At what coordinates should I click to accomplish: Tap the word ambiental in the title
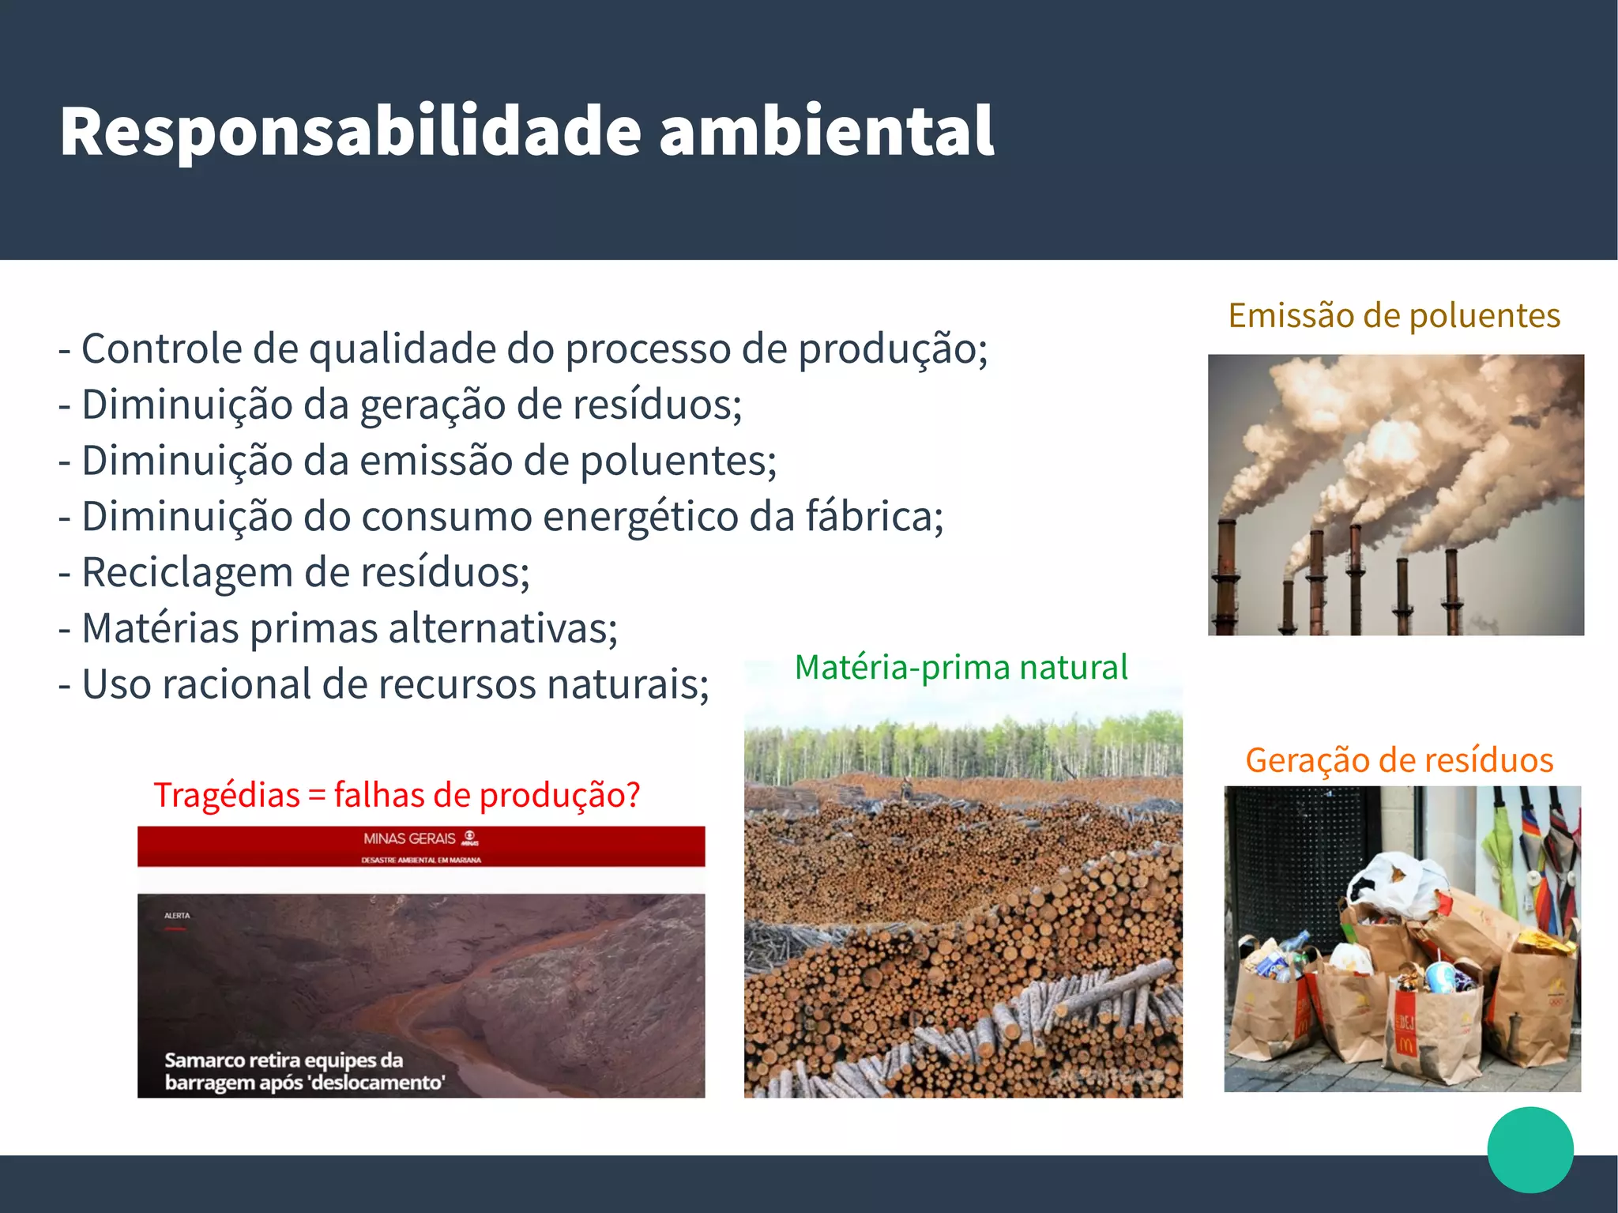826,131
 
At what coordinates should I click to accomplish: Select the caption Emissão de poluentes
1394,315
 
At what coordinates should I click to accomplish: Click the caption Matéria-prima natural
961,667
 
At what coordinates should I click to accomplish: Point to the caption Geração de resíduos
1399,760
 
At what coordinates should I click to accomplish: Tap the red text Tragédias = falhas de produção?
397,795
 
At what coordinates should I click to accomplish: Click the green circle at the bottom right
1530,1149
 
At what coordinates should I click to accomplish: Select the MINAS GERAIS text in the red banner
409,838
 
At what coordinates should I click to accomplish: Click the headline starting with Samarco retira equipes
305,1071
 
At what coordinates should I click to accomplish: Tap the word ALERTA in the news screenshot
177,915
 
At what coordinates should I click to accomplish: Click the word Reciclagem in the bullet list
186,572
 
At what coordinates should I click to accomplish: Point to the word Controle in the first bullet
160,349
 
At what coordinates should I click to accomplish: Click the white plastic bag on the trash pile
1394,881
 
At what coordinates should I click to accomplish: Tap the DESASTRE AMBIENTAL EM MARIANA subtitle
421,860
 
